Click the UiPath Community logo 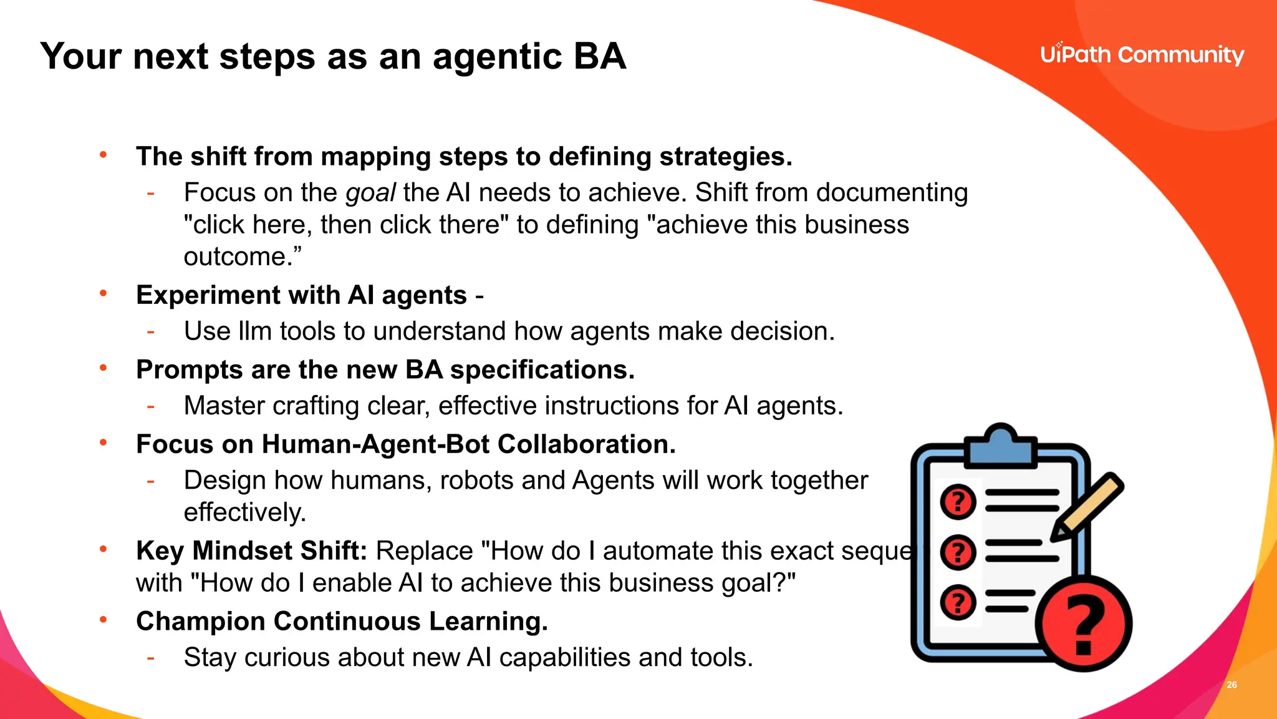pos(1142,55)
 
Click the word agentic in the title pos(497,57)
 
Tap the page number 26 pos(1231,685)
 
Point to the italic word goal pos(370,193)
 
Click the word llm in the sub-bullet pos(254,331)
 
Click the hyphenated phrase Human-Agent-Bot pos(375,444)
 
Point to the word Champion pos(201,622)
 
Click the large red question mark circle pos(1084,624)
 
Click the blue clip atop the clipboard pos(1001,446)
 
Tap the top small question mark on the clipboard pos(958,502)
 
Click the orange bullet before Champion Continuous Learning pos(104,620)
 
